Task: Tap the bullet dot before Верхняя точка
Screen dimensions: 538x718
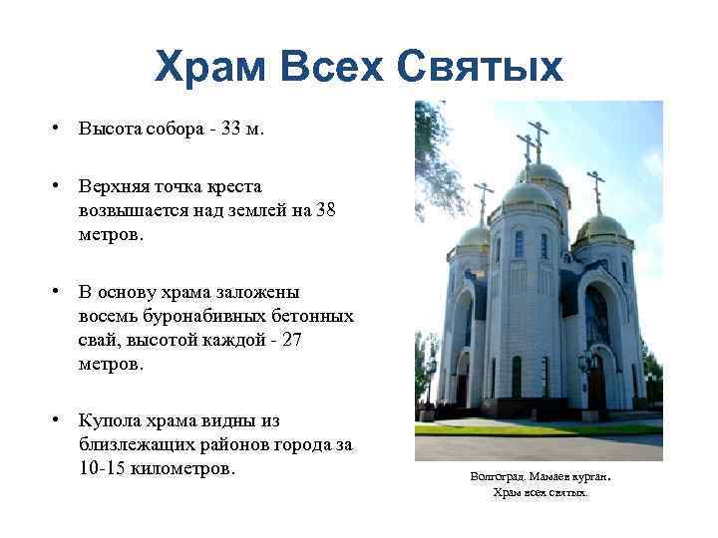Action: click(61, 186)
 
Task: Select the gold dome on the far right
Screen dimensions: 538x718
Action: click(600, 228)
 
